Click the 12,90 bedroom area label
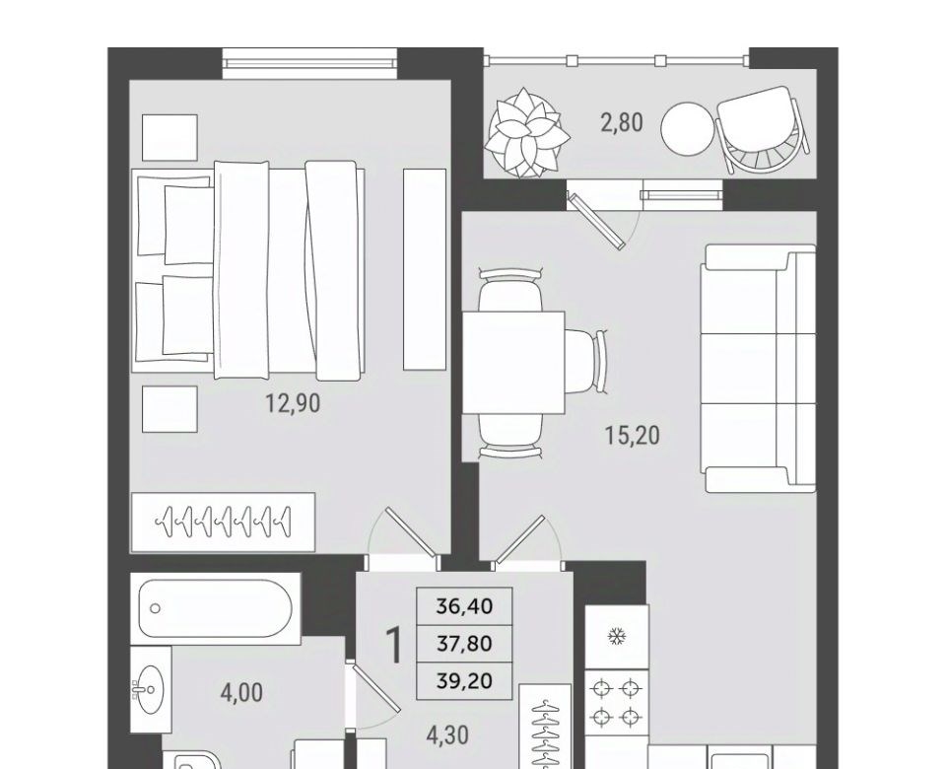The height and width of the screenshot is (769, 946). [293, 403]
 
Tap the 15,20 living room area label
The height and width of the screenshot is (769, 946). [633, 435]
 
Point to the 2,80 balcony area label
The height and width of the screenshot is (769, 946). [622, 122]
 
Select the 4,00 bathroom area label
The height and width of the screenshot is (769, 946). [241, 693]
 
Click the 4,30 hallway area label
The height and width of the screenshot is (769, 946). [447, 735]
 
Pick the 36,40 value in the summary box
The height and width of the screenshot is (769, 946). [464, 605]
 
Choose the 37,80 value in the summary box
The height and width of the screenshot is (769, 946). [464, 644]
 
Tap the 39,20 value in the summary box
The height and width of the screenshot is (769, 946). [464, 681]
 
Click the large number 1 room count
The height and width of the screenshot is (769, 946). [393, 645]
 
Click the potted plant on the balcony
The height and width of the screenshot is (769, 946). [526, 133]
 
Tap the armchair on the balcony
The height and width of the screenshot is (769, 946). [763, 130]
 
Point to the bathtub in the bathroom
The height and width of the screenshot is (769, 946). [216, 608]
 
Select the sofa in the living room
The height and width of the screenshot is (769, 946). [758, 368]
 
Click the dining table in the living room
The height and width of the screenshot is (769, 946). [513, 362]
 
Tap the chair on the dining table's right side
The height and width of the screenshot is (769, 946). [586, 362]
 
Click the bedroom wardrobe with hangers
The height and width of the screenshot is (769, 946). [224, 523]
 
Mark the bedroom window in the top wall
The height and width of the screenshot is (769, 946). [310, 63]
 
